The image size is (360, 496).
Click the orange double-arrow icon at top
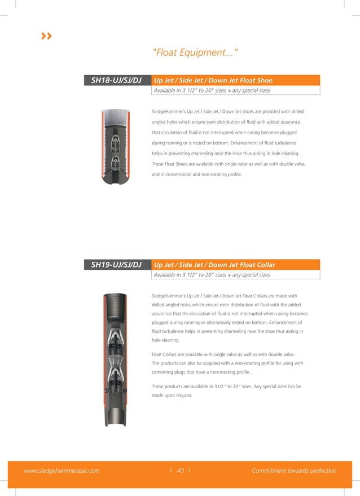coord(47,36)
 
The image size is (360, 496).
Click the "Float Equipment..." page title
coord(195,53)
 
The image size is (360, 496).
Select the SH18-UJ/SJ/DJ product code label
coord(116,81)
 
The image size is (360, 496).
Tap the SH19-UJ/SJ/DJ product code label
coord(116,265)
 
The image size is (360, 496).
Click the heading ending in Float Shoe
coord(213,81)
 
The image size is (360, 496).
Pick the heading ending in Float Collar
coord(214,265)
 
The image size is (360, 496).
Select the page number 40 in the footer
coord(180,471)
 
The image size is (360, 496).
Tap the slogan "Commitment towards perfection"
coord(294,471)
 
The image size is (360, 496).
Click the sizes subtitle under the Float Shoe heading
coord(212,90)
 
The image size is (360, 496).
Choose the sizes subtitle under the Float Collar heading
coord(212,275)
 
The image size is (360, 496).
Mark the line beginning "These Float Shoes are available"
coord(229,164)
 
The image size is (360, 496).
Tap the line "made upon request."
coord(172,396)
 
